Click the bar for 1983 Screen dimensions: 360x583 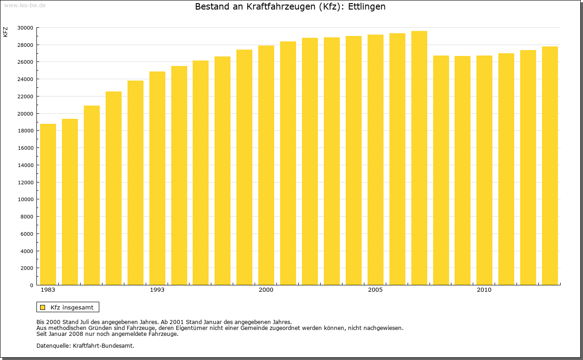pyautogui.click(x=48, y=205)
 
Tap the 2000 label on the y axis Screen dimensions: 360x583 pyautogui.click(x=26, y=269)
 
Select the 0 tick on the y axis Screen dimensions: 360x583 pyautogui.click(x=31, y=286)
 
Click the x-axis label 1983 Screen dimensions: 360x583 pyautogui.click(x=48, y=290)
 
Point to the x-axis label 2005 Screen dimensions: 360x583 pyautogui.click(x=375, y=290)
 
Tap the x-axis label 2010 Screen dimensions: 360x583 pyautogui.click(x=484, y=290)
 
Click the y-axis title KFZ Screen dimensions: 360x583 pyautogui.click(x=5, y=32)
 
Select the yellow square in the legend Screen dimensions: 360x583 pyautogui.click(x=43, y=307)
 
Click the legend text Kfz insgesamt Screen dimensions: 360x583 pyautogui.click(x=72, y=307)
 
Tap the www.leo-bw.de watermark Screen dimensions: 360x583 pyautogui.click(x=25, y=5)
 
